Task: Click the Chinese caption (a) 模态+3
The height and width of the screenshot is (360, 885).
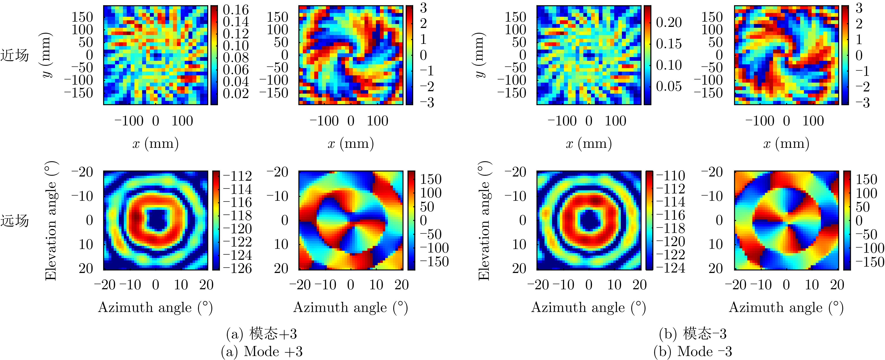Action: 261,334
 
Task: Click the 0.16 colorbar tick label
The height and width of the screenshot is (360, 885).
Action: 236,10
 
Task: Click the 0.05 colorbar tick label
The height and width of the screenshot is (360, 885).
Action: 669,86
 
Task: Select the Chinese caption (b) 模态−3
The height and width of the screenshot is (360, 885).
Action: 693,334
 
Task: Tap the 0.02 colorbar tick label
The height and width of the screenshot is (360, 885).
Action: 236,93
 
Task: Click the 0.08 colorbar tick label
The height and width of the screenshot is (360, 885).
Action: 236,57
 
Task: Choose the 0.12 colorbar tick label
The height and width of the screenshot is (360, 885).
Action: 236,34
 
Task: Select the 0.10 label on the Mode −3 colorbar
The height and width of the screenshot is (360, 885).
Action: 669,65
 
